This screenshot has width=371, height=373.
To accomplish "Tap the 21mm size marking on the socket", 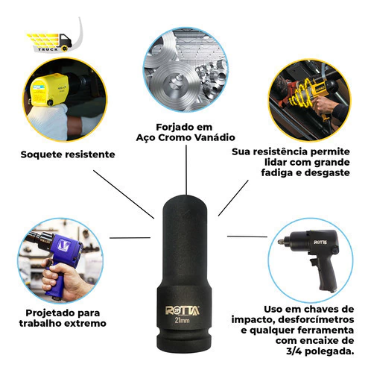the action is tap(182, 320).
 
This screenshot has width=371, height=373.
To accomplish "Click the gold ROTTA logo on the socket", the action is tap(183, 310).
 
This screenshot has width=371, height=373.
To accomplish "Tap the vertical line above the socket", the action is tap(186, 170).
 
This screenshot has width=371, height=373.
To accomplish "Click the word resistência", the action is tap(280, 151).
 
